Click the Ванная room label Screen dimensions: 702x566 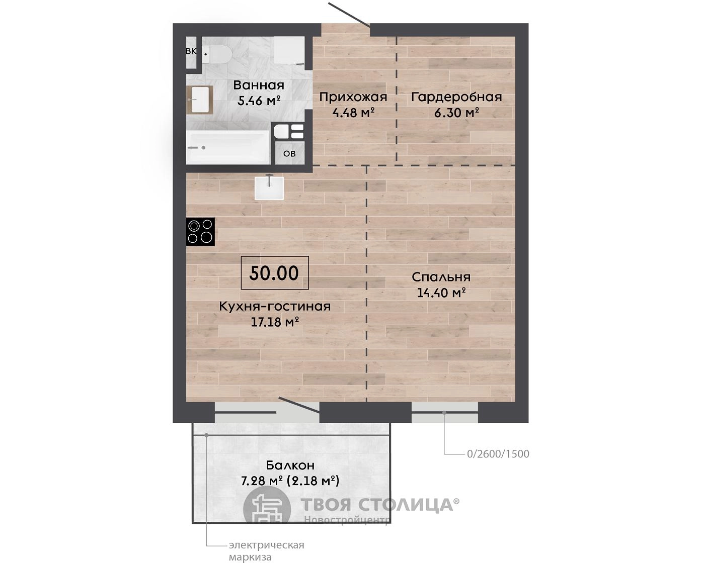point(258,85)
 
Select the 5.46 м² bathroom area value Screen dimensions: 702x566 point(259,101)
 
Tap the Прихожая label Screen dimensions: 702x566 point(353,97)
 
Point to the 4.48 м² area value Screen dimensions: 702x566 point(353,113)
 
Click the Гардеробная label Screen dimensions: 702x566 point(456,97)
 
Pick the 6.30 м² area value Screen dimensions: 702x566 point(456,113)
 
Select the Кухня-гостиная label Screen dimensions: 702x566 point(275,306)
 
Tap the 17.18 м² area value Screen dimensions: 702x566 point(275,322)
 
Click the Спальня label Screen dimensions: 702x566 point(441,277)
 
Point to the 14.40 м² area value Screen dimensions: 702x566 point(441,293)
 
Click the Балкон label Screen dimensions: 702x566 point(290,465)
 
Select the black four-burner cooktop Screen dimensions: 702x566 point(200,231)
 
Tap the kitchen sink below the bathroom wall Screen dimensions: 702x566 point(269,188)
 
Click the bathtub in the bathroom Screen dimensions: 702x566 point(228,147)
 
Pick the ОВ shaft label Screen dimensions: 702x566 point(289,154)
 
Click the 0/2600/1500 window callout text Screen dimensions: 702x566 point(498,454)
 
